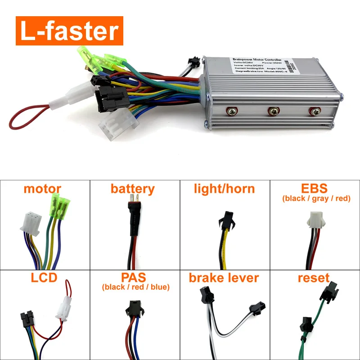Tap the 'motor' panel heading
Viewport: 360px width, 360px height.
pos(42,189)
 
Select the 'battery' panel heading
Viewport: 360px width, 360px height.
pos(133,189)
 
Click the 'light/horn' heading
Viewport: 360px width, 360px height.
pos(225,189)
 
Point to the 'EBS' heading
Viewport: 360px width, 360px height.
pos(315,188)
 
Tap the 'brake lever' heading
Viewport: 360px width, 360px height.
pos(224,278)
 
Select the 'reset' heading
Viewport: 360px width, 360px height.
pos(314,278)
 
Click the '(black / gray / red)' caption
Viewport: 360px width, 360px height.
pos(316,198)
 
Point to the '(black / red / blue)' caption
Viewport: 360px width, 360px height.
pos(135,287)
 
